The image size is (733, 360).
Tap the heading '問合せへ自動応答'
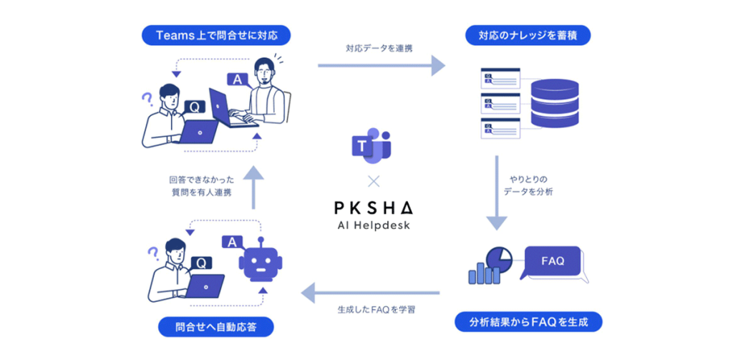click(x=215, y=326)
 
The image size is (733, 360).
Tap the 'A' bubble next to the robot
click(x=232, y=243)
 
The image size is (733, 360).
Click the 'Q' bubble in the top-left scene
click(x=193, y=107)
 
